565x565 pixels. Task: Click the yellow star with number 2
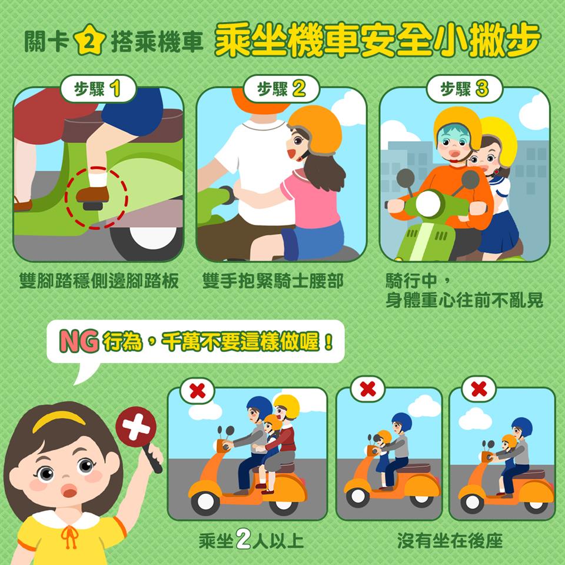point(89,39)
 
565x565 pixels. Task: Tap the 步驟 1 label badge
point(98,89)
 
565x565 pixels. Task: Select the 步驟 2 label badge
point(281,89)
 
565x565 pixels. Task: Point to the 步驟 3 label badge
point(464,89)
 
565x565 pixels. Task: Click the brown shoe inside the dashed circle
point(92,195)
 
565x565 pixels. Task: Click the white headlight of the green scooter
point(428,204)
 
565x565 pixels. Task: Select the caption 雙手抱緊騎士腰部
point(272,281)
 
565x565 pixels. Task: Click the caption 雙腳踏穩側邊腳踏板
point(99,281)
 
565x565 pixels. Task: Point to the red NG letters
point(79,341)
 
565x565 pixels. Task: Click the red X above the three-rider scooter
point(198,391)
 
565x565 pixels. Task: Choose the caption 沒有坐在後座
point(450,540)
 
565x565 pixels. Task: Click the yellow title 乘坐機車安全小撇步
point(377,39)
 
